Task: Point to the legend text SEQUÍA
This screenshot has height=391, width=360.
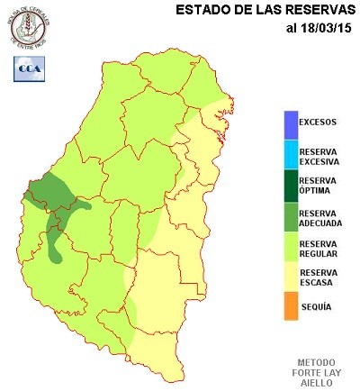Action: [315, 306]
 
